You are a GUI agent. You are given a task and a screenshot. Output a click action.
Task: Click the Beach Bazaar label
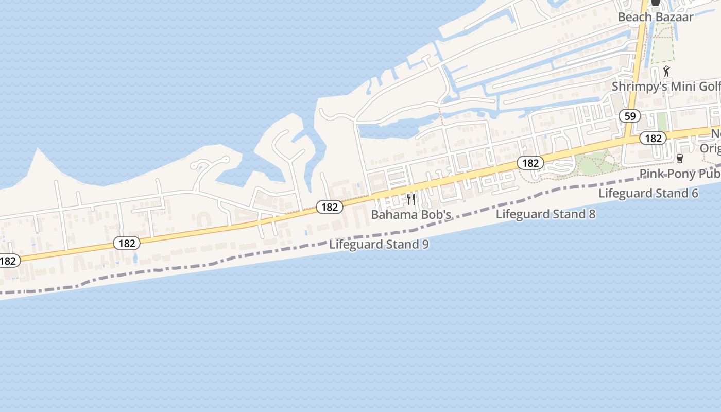tap(655, 17)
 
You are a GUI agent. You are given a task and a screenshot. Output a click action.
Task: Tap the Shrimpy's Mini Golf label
tap(666, 87)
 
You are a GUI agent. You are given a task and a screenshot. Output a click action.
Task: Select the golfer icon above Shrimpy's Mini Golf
tap(667, 71)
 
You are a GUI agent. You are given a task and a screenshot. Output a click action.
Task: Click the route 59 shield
tap(630, 116)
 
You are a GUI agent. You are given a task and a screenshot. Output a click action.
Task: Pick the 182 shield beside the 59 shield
tap(653, 138)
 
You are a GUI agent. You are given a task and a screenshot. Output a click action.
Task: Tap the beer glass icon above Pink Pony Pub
tap(679, 159)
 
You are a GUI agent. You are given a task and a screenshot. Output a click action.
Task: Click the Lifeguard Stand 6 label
tap(648, 194)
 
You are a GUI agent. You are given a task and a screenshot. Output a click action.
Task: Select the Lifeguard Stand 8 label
tap(545, 214)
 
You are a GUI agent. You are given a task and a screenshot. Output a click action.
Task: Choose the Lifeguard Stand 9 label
tap(379, 245)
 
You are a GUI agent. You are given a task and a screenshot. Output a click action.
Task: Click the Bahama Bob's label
tap(411, 215)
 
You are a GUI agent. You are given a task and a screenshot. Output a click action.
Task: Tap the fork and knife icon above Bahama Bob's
tap(411, 199)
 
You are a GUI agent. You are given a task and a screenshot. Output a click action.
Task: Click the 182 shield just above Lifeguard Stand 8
tap(530, 163)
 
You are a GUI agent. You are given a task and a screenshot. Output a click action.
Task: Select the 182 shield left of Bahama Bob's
tap(329, 207)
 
